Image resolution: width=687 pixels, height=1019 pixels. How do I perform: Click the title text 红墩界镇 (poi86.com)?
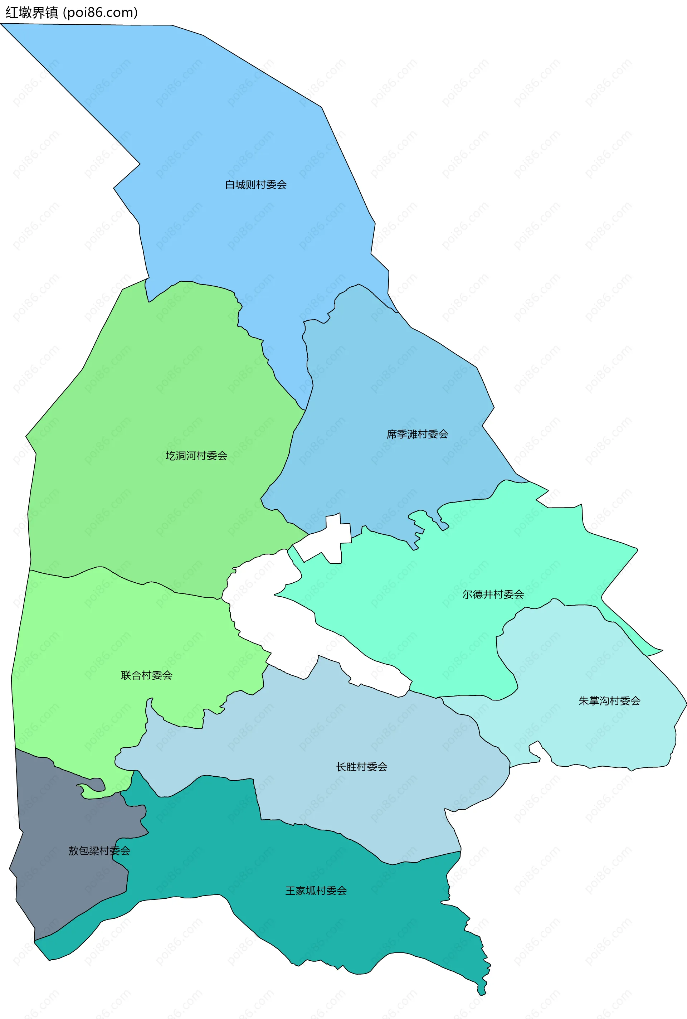pyautogui.click(x=72, y=12)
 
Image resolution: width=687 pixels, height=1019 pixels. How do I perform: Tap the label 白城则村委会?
pyautogui.click(x=256, y=185)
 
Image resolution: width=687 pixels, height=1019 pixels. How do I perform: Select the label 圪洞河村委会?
pyautogui.click(x=196, y=456)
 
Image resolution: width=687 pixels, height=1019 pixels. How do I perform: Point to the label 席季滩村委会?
pyautogui.click(x=417, y=434)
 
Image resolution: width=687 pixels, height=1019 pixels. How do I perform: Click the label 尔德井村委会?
pyautogui.click(x=493, y=594)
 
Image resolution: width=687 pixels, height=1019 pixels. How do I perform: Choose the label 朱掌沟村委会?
pyautogui.click(x=609, y=701)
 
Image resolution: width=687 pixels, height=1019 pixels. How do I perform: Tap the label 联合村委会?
pyautogui.click(x=146, y=675)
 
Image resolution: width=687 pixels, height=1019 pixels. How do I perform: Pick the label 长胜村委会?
pyautogui.click(x=361, y=767)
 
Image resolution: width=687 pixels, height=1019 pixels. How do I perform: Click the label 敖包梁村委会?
pyautogui.click(x=99, y=851)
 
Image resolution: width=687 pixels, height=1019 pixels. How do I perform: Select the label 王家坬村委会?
pyautogui.click(x=316, y=891)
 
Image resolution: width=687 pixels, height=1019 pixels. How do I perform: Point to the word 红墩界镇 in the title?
pyautogui.click(x=31, y=12)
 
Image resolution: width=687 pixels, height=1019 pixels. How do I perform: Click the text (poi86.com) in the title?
pyautogui.click(x=101, y=12)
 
